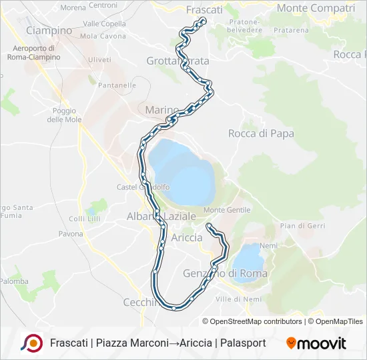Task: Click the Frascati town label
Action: pyautogui.click(x=204, y=10)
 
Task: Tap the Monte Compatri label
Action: pyautogui.click(x=316, y=9)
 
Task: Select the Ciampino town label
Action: pyautogui.click(x=49, y=31)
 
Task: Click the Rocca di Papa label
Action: pyautogui.click(x=261, y=133)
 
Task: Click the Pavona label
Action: pyautogui.click(x=71, y=234)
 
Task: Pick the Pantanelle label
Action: pyautogui.click(x=117, y=85)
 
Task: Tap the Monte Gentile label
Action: pyautogui.click(x=222, y=210)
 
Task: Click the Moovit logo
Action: pyautogui.click(x=316, y=343)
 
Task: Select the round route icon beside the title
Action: pyautogui.click(x=31, y=343)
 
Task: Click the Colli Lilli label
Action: pyautogui.click(x=84, y=219)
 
